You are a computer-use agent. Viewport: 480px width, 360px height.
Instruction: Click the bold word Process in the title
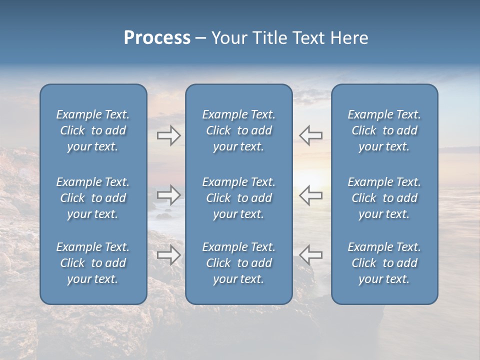pyautogui.click(x=157, y=38)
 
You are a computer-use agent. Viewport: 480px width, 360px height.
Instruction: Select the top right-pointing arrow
pyautogui.click(x=168, y=135)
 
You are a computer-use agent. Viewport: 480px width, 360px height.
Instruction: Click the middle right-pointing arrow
pyautogui.click(x=168, y=194)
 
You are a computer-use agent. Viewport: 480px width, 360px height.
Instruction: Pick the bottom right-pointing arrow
pyautogui.click(x=168, y=254)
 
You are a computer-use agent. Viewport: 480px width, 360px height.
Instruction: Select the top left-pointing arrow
pyautogui.click(x=310, y=135)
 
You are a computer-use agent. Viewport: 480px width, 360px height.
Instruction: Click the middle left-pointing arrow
pyautogui.click(x=310, y=194)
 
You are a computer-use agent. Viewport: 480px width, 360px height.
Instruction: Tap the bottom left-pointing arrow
pyautogui.click(x=310, y=254)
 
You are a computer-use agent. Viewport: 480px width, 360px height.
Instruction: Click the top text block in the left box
pyautogui.click(x=93, y=130)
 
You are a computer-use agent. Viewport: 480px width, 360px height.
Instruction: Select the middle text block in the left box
pyautogui.click(x=93, y=198)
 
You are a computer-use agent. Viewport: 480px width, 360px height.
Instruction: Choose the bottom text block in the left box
pyautogui.click(x=93, y=263)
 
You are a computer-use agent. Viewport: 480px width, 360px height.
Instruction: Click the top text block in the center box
pyautogui.click(x=238, y=130)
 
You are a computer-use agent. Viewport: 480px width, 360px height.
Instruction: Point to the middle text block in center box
pyautogui.click(x=238, y=198)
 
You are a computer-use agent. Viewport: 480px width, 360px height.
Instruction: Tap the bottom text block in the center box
pyautogui.click(x=238, y=263)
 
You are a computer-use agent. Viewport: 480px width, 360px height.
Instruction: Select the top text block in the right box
pyautogui.click(x=384, y=130)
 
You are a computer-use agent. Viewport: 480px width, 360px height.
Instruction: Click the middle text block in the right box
pyautogui.click(x=384, y=198)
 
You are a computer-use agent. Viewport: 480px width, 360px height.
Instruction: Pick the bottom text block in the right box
pyautogui.click(x=384, y=263)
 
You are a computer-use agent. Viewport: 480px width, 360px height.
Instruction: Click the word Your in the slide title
pyautogui.click(x=227, y=38)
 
